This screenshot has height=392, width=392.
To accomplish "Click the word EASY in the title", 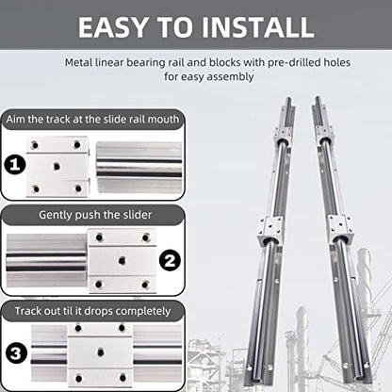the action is coord(113,27).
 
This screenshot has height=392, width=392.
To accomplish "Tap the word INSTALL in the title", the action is coord(257,27).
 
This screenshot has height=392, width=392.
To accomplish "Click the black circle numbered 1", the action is coord(15,165).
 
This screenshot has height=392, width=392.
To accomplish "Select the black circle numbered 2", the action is coord(170,260).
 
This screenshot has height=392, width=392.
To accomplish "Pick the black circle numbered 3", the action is coord(16,353).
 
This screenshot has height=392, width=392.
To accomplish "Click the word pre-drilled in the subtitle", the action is coord(289,62).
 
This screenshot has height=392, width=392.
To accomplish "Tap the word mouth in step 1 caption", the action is coord(163,120).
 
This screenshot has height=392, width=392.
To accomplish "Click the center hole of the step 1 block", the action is coord(57,166).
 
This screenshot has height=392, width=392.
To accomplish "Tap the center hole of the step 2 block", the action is coord(122,260).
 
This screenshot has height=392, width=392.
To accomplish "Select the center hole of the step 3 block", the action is coord(101,352).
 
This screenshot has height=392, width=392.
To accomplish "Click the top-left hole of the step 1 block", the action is coord(35,145).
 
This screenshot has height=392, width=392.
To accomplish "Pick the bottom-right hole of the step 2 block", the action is coord(145,285).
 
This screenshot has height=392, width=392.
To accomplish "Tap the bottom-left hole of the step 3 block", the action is coord(78,378).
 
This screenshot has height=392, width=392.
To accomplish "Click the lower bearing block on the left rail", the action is coord(269,230).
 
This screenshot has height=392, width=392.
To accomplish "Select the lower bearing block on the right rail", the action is coord(340,229).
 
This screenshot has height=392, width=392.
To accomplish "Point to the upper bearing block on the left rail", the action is coord(283,136).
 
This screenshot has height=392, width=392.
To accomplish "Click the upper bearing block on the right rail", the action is coord(323,135).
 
